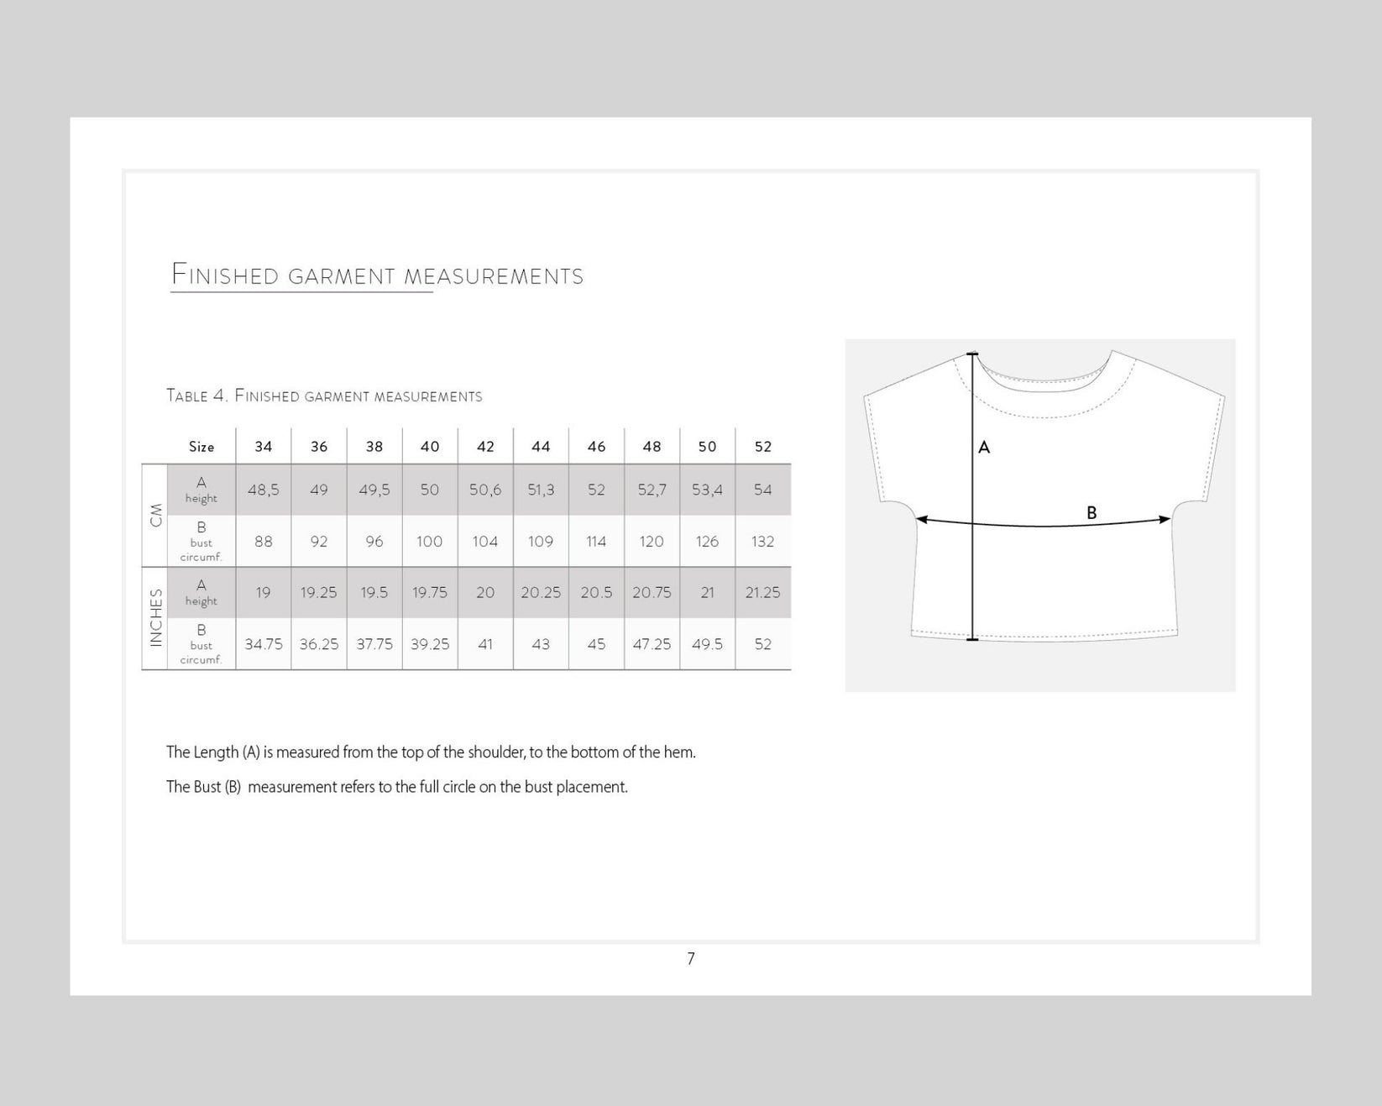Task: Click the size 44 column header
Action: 541,447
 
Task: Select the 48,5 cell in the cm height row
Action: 264,490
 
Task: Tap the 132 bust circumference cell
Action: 762,542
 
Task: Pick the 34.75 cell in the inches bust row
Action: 264,644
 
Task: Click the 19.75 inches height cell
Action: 430,593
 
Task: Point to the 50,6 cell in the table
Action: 485,490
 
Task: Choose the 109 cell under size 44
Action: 541,542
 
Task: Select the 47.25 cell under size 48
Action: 652,644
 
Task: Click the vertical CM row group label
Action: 155,515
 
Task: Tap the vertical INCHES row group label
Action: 155,618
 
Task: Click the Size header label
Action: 202,447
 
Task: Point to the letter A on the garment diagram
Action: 985,448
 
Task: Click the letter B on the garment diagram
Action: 1091,512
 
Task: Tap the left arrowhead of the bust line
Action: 921,520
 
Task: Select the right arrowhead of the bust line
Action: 1165,520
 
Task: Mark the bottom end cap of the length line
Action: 972,640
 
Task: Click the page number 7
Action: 691,959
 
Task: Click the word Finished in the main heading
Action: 225,275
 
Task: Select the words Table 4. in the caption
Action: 196,396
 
